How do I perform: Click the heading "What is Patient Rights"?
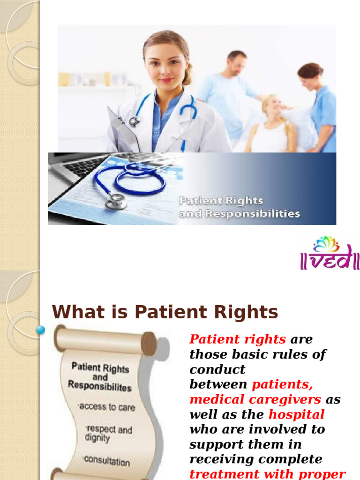click(165, 312)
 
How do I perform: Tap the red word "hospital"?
click(296, 414)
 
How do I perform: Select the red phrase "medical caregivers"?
click(255, 399)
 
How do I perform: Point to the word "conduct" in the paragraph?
click(217, 369)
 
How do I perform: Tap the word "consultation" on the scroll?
click(107, 461)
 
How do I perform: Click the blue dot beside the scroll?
click(41, 330)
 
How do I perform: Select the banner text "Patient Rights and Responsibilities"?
click(239, 207)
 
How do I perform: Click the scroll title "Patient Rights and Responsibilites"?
click(99, 376)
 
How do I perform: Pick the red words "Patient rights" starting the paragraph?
click(238, 339)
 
